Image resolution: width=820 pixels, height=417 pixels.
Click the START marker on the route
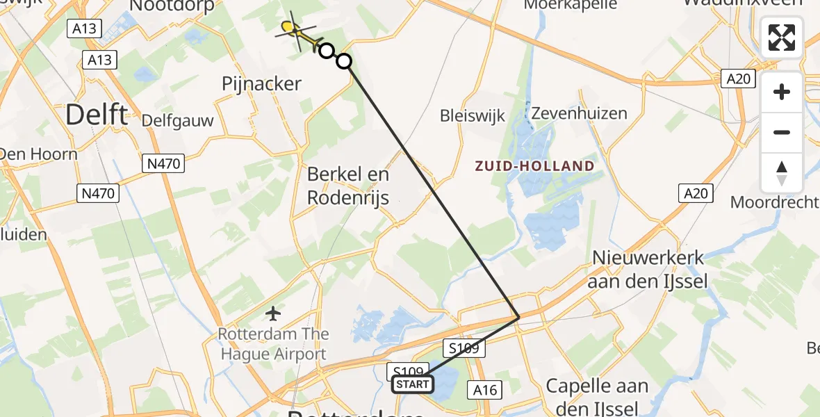pos(412,384)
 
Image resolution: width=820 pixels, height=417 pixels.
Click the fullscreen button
pos(782,38)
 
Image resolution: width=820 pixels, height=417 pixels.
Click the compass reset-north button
pos(782,173)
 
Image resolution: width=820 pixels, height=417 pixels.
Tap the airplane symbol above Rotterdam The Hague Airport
pos(273,313)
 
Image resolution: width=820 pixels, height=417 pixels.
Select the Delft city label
pos(97,115)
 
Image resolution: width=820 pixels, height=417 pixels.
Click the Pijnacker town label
pos(261,84)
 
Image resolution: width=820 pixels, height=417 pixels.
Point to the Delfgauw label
pos(177,121)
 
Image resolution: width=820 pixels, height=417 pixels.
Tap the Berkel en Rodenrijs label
pos(349,186)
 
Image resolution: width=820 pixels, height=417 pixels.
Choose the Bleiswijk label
pos(473,115)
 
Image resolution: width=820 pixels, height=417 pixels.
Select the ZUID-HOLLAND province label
pos(534,166)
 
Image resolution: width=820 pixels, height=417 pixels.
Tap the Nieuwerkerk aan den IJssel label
pos(648,270)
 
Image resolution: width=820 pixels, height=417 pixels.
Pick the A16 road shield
pos(484,390)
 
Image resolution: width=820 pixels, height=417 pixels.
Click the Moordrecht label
pos(775,203)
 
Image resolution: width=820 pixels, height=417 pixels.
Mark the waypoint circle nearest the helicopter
pos(326,50)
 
